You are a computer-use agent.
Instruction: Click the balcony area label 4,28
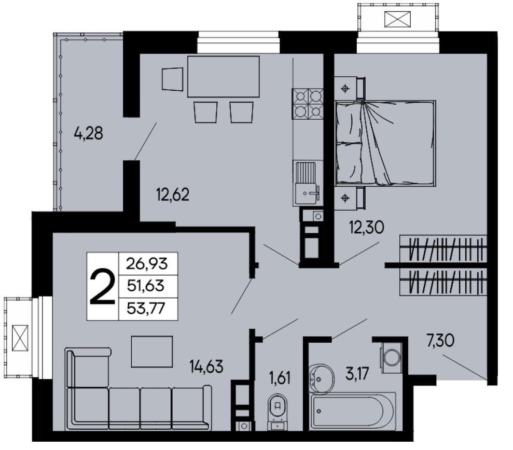tap(88, 133)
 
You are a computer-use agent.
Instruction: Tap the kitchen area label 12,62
tap(173, 195)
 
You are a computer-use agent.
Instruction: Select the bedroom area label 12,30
tap(366, 227)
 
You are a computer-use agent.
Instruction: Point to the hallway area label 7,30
tap(440, 341)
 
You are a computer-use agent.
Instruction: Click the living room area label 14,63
tap(206, 367)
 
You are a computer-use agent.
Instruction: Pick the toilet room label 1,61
tap(280, 378)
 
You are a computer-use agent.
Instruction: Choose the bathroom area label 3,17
tap(357, 374)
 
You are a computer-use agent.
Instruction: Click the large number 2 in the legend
tap(102, 286)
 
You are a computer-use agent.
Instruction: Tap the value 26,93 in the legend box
tap(147, 263)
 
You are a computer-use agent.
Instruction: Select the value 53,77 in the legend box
tap(146, 308)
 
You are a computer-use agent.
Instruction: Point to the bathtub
tap(353, 411)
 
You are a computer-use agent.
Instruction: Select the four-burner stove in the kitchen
tap(308, 104)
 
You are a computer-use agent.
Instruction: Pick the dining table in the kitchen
tap(224, 77)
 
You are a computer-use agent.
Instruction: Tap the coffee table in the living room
tap(152, 351)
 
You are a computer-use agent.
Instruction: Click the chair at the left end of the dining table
tap(172, 79)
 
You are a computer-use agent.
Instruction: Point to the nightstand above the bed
tap(349, 88)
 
